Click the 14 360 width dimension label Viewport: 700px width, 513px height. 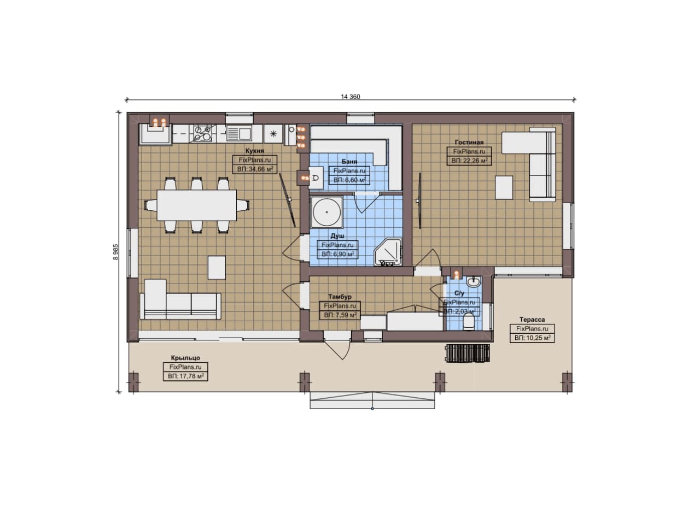351,97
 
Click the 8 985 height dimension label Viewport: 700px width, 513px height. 115,252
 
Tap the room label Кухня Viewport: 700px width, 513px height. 255,151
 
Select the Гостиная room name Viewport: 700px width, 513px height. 469,143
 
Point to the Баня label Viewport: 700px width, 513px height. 349,162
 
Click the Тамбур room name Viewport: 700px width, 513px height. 340,297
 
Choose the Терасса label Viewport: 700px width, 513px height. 532,320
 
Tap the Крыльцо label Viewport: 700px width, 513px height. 185,358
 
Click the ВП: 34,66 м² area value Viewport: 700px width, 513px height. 255,169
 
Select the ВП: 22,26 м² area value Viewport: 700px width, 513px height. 469,161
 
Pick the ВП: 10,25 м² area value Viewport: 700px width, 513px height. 532,338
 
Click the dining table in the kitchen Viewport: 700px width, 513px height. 196,205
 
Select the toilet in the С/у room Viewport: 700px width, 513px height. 469,322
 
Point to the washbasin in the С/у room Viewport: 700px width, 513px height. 473,282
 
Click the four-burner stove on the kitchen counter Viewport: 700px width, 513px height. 202,133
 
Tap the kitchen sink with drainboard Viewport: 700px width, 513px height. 239,133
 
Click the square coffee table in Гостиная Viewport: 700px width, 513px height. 504,187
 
